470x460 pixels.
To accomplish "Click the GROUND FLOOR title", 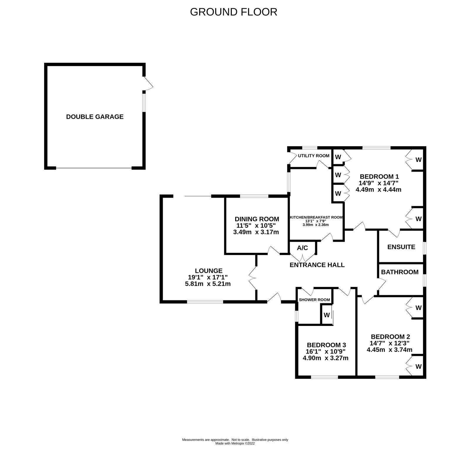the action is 234,12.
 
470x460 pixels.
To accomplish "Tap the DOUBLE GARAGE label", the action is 95,117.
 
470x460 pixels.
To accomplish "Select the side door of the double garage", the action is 148,83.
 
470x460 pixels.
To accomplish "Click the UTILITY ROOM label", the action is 314,156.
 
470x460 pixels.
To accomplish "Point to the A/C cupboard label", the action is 302,248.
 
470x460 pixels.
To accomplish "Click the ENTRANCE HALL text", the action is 317,265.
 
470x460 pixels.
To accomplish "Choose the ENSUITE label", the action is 401,247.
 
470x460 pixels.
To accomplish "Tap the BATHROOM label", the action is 400,272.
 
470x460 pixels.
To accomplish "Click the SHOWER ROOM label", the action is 314,300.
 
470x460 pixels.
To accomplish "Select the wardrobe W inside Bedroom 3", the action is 327,315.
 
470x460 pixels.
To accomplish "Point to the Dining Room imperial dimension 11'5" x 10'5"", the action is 257,226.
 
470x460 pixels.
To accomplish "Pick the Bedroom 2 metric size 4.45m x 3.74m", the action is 390,349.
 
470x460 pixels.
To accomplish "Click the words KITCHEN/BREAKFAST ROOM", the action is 316,217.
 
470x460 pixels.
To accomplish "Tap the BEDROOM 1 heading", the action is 379,177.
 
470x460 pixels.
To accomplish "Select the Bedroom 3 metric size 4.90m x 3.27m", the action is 325,358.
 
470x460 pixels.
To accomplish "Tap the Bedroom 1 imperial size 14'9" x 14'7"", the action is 378,183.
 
